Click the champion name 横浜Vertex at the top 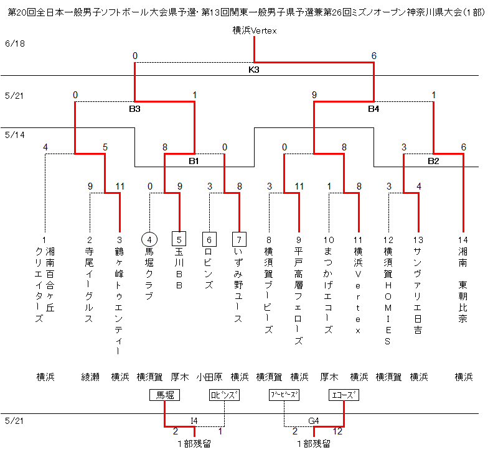(254, 30)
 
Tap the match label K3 (254, 70)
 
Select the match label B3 (135, 109)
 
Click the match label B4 (374, 109)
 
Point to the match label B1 (194, 161)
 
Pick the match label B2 (433, 161)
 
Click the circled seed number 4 (149, 239)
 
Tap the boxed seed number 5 (179, 239)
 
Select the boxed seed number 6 (209, 239)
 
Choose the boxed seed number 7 (239, 239)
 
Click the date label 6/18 (13, 44)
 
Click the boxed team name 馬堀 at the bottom (164, 395)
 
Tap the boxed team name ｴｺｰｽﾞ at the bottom (344, 395)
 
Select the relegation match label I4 (194, 421)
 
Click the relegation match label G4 (314, 421)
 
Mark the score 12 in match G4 (338, 431)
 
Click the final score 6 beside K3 (374, 56)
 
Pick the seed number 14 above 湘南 (463, 240)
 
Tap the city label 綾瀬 (90, 377)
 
